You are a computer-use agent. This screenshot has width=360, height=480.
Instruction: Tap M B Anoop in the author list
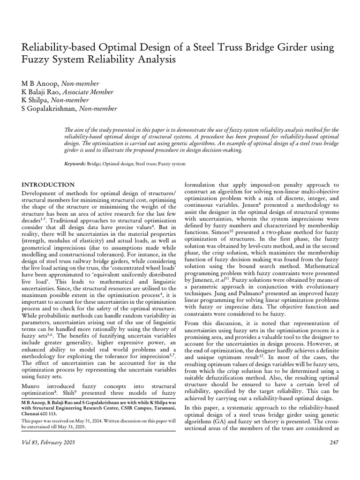(x=38, y=83)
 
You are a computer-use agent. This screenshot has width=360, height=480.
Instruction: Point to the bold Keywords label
(x=75, y=164)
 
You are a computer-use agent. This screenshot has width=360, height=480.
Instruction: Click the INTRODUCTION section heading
(x=48, y=185)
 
